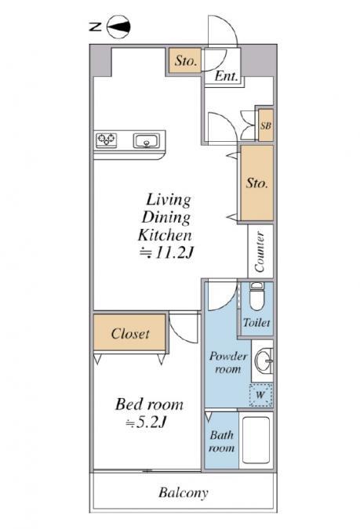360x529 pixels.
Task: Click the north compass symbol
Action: click(x=118, y=27)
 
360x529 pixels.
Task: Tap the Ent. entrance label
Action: click(x=226, y=76)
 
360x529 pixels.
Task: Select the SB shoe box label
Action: click(x=265, y=125)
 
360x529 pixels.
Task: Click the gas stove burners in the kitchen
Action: click(x=107, y=139)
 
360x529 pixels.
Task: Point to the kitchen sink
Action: click(x=146, y=141)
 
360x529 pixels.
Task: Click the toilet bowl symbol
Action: click(x=256, y=296)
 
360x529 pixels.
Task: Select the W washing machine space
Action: click(x=260, y=394)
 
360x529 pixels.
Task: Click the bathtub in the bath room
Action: click(x=256, y=440)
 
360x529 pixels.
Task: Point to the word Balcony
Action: click(x=183, y=493)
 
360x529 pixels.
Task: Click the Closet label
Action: click(x=130, y=334)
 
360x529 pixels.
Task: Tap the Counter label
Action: click(x=260, y=252)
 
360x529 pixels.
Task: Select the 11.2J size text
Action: click(x=173, y=252)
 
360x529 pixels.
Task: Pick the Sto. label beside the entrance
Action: click(x=185, y=60)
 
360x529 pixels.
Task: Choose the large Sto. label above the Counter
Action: click(x=257, y=183)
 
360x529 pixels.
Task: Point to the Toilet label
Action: click(x=256, y=323)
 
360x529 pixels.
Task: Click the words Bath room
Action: click(x=221, y=442)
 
